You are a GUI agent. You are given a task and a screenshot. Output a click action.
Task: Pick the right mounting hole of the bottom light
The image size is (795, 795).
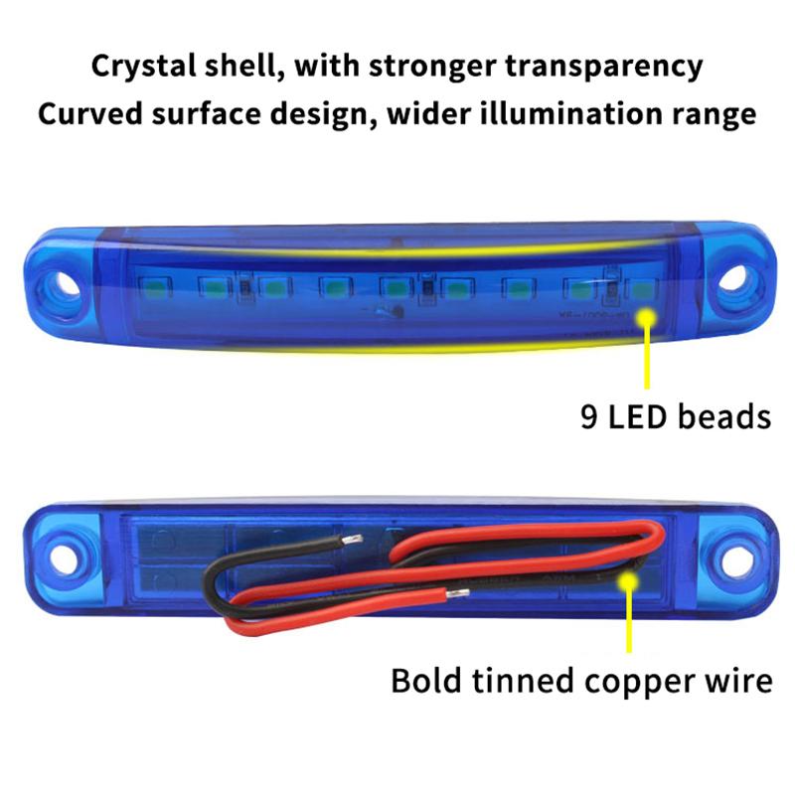point(736,560)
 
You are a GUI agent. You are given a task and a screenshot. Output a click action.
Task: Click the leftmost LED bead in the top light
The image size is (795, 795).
point(155,287)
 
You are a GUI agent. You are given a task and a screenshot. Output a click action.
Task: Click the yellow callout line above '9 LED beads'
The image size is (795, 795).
point(649,358)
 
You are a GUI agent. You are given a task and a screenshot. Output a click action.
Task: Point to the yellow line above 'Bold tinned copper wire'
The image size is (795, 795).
point(628,621)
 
